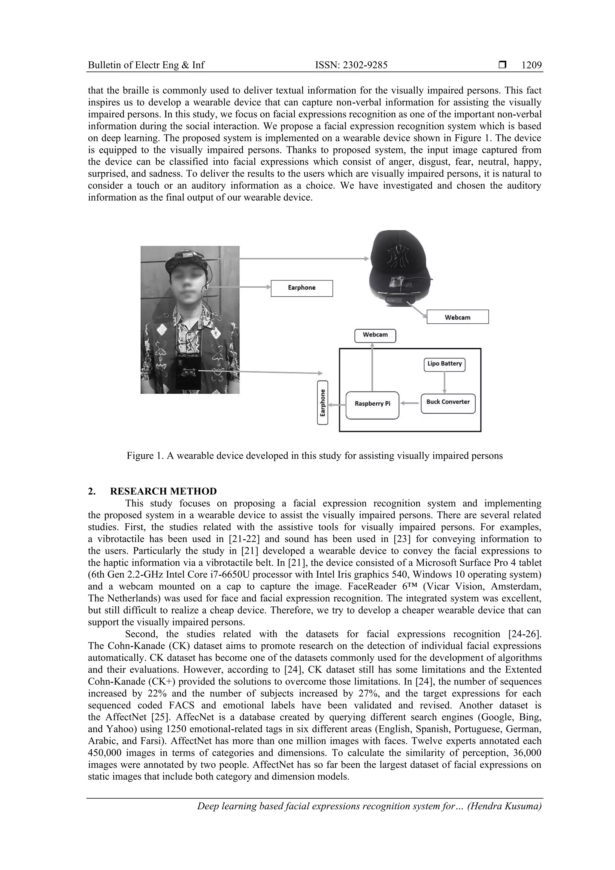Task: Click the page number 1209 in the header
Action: (531, 65)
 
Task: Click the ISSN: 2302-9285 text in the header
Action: (351, 65)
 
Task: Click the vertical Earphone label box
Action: (323, 403)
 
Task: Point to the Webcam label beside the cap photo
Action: (457, 317)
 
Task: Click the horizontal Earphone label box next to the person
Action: (301, 288)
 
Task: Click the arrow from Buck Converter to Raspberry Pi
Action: (410, 403)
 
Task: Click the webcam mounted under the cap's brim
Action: (398, 299)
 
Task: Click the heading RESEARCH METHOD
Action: (163, 492)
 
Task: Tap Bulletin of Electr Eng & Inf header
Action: (146, 65)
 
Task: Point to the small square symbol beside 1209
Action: (502, 65)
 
